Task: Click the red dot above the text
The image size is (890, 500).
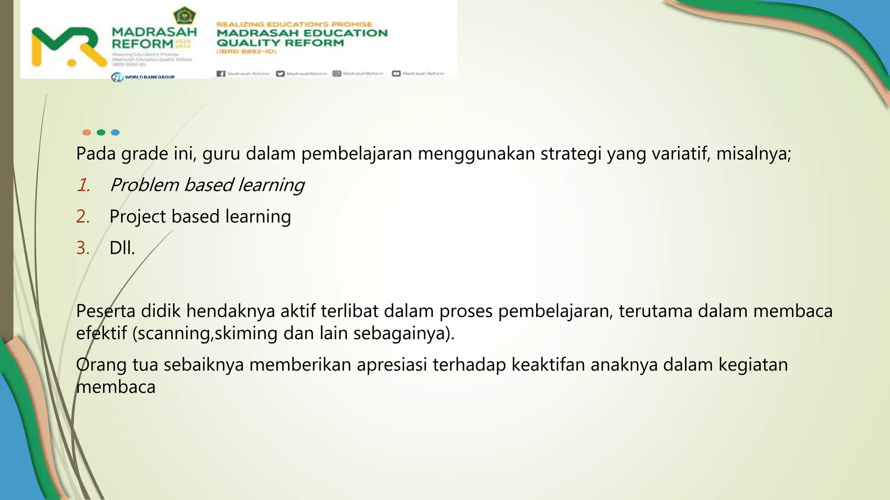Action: pyautogui.click(x=86, y=132)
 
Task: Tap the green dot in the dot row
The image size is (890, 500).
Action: pyautogui.click(x=101, y=132)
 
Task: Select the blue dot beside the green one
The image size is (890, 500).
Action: pyautogui.click(x=115, y=132)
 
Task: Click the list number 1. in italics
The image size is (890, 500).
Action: pyautogui.click(x=83, y=185)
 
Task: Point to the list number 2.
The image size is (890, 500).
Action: pyautogui.click(x=83, y=217)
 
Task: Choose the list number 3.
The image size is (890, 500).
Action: pyautogui.click(x=83, y=248)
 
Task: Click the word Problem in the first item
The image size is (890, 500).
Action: pyautogui.click(x=144, y=185)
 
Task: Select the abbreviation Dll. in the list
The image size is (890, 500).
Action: pyautogui.click(x=122, y=248)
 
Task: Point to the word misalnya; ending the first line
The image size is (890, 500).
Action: pyautogui.click(x=754, y=154)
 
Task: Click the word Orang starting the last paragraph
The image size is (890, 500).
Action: pyautogui.click(x=101, y=365)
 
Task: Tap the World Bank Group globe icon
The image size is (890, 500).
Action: pyautogui.click(x=117, y=77)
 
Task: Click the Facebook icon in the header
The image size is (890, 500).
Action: pyautogui.click(x=221, y=74)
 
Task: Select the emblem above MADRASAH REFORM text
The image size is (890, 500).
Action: pyautogui.click(x=185, y=16)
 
